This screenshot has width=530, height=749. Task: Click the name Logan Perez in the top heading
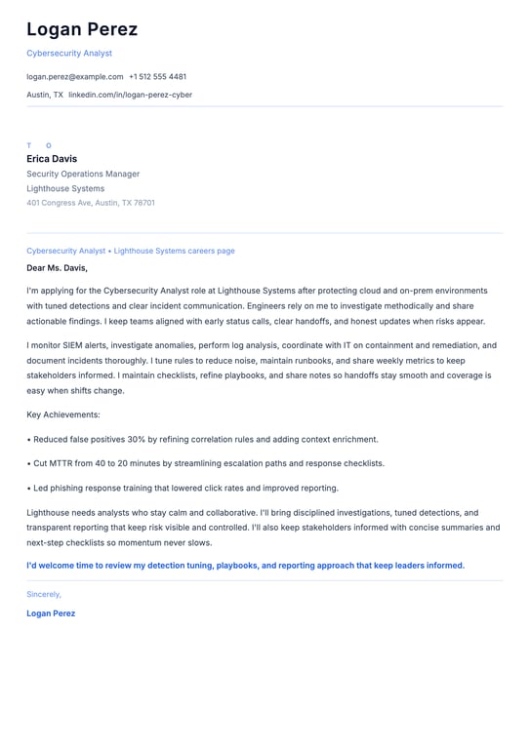pos(82,29)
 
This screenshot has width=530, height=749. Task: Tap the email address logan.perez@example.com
pos(75,76)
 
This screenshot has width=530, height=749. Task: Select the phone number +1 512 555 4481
pos(157,76)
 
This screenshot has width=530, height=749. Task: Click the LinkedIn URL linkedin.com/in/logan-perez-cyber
pos(130,95)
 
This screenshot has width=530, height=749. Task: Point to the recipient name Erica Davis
pos(52,159)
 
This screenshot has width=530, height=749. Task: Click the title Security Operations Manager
pos(83,174)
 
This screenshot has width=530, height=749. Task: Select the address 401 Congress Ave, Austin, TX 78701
pos(91,203)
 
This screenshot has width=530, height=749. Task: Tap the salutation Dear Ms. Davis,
pos(57,267)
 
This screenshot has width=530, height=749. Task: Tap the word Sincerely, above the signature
pos(44,594)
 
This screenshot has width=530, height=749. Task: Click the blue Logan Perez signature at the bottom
pos(51,613)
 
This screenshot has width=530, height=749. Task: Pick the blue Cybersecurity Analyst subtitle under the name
pos(69,53)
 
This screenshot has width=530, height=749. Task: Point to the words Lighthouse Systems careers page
pos(174,251)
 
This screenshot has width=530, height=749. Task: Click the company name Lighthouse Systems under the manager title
pos(65,188)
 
